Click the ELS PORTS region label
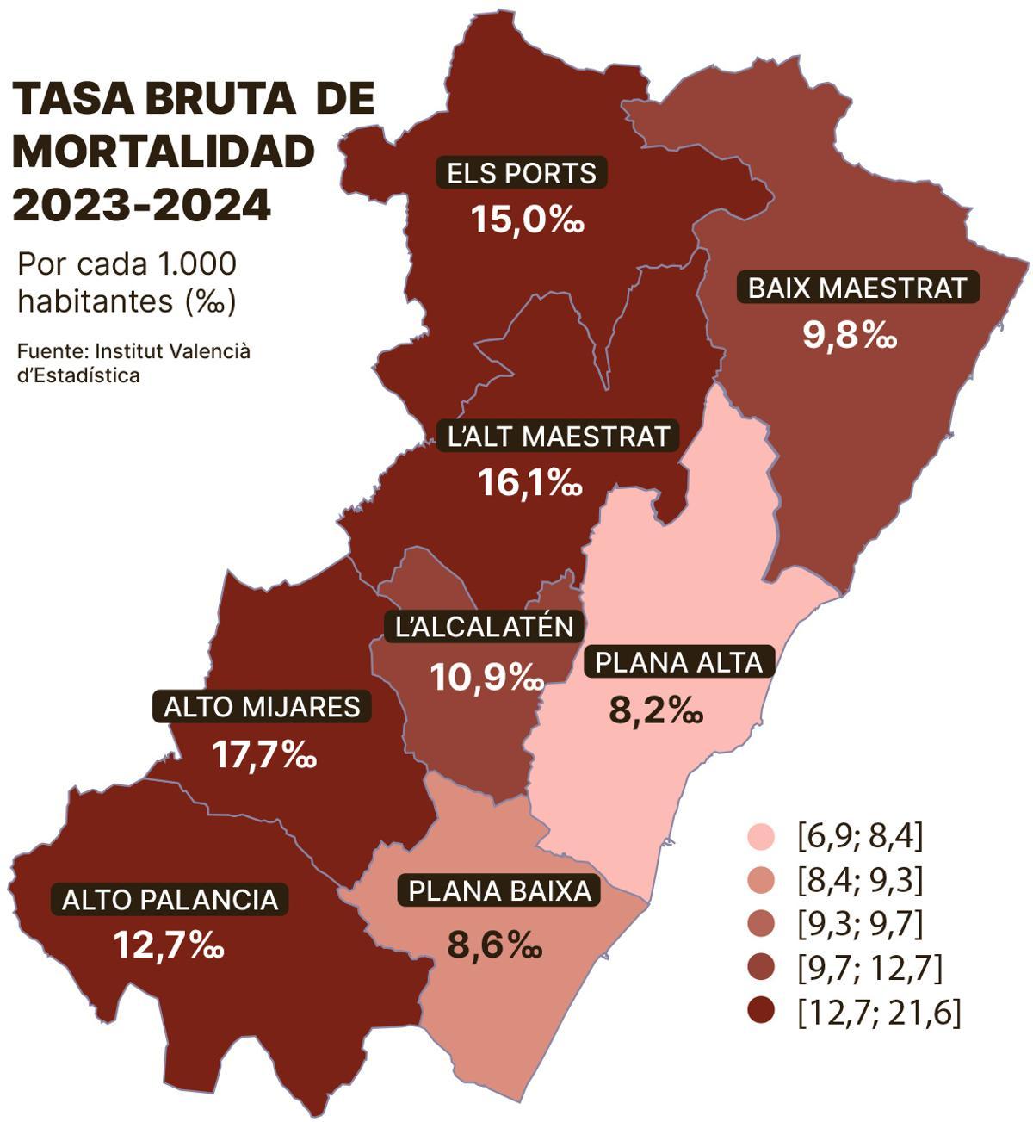pyautogui.click(x=522, y=173)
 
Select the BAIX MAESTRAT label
pyautogui.click(x=857, y=288)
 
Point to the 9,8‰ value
pyautogui.click(x=850, y=335)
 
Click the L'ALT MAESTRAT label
pyautogui.click(x=559, y=437)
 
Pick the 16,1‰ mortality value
pyautogui.click(x=530, y=483)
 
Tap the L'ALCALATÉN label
pyautogui.click(x=484, y=626)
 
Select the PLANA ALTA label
pyautogui.click(x=678, y=662)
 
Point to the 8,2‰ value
pyautogui.click(x=656, y=711)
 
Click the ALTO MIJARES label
pyautogui.click(x=262, y=707)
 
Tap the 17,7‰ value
pyautogui.click(x=264, y=755)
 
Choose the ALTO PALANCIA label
pyautogui.click(x=170, y=900)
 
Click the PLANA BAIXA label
pyautogui.click(x=500, y=890)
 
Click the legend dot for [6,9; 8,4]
pyautogui.click(x=761, y=836)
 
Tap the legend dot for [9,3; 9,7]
pyautogui.click(x=761, y=924)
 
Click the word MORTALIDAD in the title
pyautogui.click(x=164, y=152)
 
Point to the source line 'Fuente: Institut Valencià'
pyautogui.click(x=133, y=351)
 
